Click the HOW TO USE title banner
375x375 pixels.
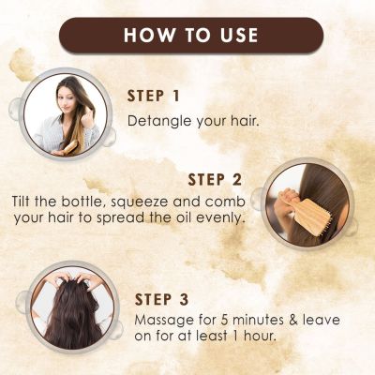pyautogui.click(x=187, y=35)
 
